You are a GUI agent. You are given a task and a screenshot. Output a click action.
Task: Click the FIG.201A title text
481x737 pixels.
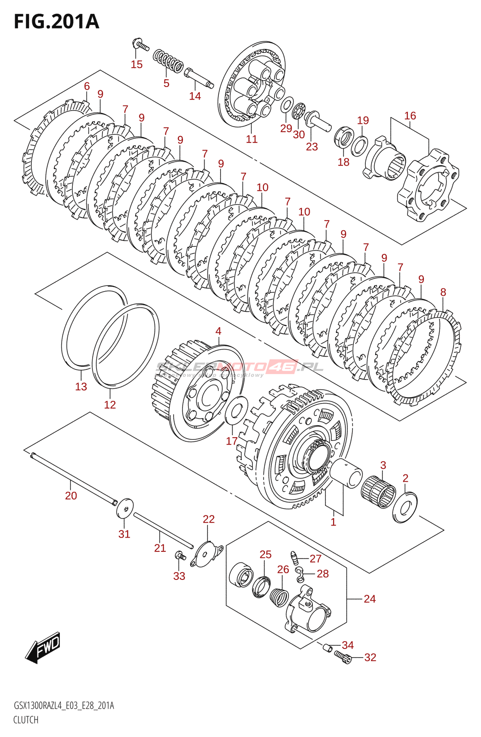(x=56, y=22)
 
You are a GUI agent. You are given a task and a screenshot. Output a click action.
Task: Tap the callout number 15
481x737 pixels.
(x=137, y=64)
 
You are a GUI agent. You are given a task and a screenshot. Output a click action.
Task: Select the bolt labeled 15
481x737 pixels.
(x=140, y=45)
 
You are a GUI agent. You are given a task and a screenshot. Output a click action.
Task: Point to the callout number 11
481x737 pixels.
(x=252, y=139)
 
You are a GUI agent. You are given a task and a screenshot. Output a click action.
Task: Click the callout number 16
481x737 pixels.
(x=410, y=116)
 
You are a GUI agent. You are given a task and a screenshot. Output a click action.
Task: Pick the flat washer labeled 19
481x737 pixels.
(x=360, y=145)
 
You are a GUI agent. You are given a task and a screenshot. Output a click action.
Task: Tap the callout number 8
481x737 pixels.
(x=443, y=292)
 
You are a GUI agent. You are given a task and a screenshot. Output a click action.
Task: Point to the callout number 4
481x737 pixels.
(x=218, y=331)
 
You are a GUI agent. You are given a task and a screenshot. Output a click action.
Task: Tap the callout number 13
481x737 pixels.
(x=81, y=386)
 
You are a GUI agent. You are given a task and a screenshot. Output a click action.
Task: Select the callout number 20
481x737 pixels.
(x=71, y=496)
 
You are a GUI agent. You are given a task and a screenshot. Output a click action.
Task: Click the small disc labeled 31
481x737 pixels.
(x=124, y=507)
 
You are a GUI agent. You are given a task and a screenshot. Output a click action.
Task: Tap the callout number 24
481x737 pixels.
(x=370, y=599)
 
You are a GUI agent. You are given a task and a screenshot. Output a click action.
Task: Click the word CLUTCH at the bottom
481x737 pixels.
(x=26, y=719)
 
